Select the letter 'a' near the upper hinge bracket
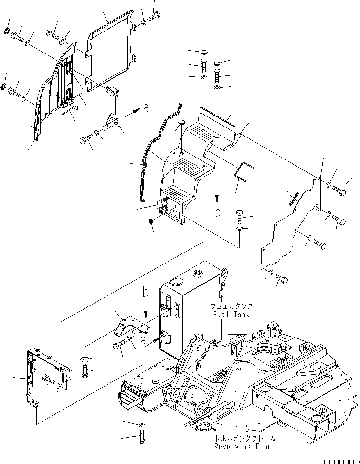[x=145, y=109]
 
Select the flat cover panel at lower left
[x=45, y=377]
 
